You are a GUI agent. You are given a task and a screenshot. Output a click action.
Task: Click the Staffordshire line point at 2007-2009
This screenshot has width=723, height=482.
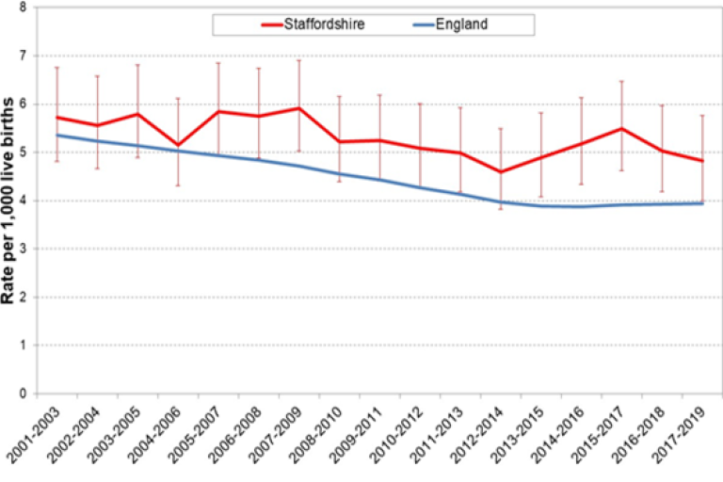(299, 108)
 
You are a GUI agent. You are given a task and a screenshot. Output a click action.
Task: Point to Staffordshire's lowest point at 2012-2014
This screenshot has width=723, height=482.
(500, 171)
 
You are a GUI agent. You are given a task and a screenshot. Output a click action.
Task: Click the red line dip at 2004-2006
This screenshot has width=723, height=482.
(178, 145)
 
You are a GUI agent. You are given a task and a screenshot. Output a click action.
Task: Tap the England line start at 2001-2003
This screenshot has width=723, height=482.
(57, 135)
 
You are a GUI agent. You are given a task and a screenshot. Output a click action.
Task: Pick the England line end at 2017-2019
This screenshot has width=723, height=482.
(701, 202)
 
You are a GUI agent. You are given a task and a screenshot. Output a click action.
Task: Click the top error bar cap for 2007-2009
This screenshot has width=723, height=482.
(299, 60)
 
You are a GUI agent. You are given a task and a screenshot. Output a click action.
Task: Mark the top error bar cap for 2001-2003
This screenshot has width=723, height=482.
(57, 68)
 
